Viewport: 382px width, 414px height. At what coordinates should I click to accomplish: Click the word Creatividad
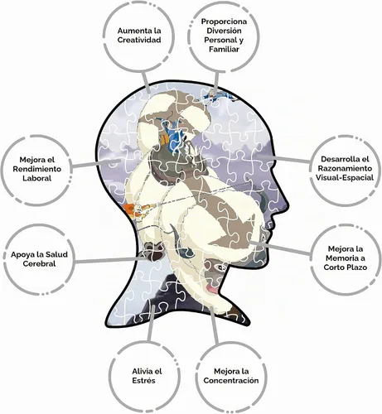(139, 40)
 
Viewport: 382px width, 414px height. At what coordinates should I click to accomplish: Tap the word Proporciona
(224, 22)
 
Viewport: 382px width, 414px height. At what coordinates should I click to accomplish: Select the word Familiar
(224, 49)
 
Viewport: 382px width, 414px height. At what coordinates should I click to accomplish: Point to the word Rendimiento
(36, 169)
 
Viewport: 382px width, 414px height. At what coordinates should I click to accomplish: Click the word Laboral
(37, 178)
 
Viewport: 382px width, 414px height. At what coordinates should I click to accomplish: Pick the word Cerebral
(39, 263)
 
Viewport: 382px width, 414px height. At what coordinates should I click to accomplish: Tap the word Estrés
(143, 380)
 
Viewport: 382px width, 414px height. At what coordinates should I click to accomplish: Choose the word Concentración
(231, 380)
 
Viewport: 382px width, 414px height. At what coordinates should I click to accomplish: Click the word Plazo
(356, 267)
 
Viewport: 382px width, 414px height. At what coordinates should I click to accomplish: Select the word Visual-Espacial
(345, 177)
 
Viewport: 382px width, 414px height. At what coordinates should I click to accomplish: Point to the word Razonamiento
(345, 168)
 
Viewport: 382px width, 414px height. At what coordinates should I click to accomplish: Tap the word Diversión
(224, 31)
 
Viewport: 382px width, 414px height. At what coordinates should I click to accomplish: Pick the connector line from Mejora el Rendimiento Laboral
(97, 163)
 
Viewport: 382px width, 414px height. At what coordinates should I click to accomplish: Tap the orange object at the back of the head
(129, 209)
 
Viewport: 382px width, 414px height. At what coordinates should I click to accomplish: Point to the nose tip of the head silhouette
(288, 205)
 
